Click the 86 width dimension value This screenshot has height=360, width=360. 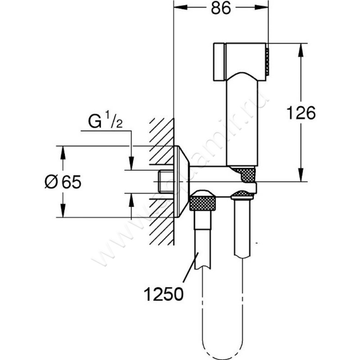tap(220, 8)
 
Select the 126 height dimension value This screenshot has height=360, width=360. tap(300, 113)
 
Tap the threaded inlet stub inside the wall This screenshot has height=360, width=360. tap(166, 182)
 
